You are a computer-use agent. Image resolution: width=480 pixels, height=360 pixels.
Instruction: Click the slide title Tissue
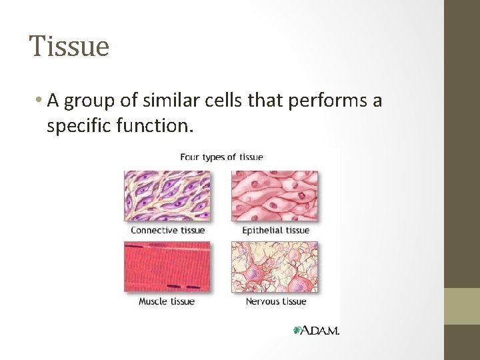[x=69, y=47]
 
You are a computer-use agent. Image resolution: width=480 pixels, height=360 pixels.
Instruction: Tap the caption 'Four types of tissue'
[x=221, y=157]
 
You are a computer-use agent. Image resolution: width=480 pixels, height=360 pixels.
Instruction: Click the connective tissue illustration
[x=167, y=195]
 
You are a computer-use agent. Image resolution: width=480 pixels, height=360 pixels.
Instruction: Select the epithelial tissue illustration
[x=275, y=195]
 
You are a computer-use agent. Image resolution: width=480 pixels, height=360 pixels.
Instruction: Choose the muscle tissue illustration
[x=167, y=266]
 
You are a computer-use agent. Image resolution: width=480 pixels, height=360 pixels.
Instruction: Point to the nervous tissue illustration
[x=275, y=266]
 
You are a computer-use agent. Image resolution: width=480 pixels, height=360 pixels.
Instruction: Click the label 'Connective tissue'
[x=167, y=230]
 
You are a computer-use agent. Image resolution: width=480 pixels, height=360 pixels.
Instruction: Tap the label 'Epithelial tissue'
[x=275, y=230]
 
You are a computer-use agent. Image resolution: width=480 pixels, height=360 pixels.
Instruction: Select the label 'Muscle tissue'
[x=167, y=301]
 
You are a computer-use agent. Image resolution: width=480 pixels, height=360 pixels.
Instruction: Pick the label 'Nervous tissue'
[x=275, y=301]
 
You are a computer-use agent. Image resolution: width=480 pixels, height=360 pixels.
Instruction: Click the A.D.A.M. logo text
[x=321, y=330]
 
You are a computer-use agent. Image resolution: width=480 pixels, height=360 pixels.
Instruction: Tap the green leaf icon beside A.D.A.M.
[x=297, y=330]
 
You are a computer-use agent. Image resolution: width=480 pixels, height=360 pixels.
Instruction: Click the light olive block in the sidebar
[x=461, y=306]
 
